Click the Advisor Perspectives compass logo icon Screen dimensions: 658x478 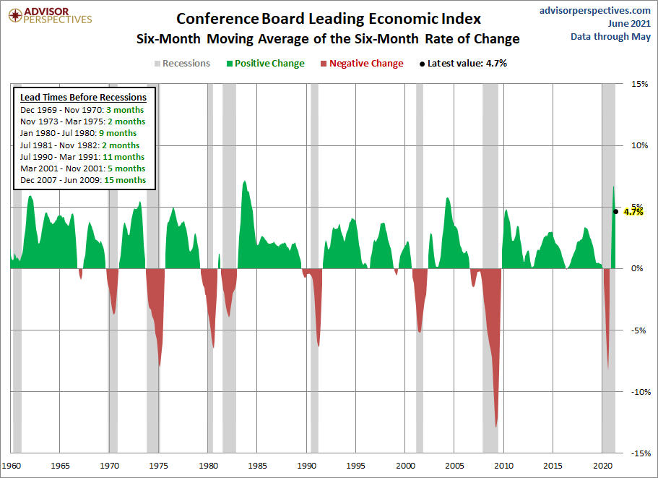pyautogui.click(x=15, y=15)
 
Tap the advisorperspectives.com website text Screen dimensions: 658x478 pyautogui.click(x=594, y=10)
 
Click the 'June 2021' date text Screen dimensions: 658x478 pyautogui.click(x=629, y=24)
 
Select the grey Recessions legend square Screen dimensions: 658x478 pyautogui.click(x=157, y=64)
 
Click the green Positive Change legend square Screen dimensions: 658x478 pyautogui.click(x=230, y=64)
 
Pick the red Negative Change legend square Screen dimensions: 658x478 pyautogui.click(x=324, y=64)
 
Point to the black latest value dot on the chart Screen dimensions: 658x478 pyautogui.click(x=615, y=212)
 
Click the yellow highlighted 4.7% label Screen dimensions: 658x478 pyautogui.click(x=633, y=212)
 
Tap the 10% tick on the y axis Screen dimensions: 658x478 pyautogui.click(x=639, y=145)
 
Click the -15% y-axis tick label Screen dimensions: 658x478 pyautogui.click(x=641, y=453)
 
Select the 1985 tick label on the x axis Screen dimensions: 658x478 pyautogui.click(x=257, y=466)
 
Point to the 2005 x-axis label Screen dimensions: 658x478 pyautogui.click(x=454, y=466)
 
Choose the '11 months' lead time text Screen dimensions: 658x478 pyautogui.click(x=124, y=157)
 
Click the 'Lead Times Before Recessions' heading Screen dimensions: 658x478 pyautogui.click(x=84, y=98)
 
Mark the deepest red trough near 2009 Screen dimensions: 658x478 pyautogui.click(x=496, y=427)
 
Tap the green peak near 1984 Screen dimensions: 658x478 pyautogui.click(x=245, y=182)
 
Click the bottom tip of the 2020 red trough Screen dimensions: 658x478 pyautogui.click(x=608, y=370)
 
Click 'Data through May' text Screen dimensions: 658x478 pyautogui.click(x=610, y=37)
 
